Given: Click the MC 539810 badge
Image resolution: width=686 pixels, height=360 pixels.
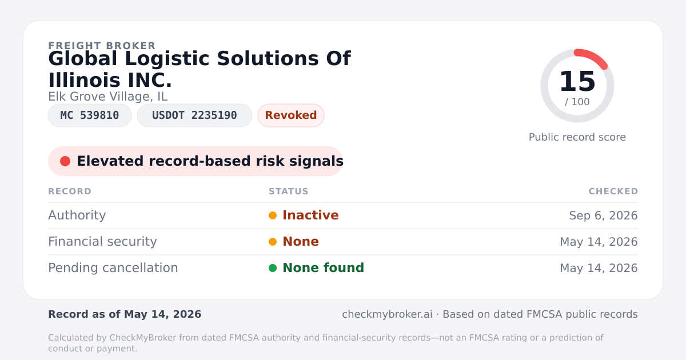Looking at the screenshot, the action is tap(90, 115).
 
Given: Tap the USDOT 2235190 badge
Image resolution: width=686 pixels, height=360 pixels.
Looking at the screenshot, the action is tap(194, 115).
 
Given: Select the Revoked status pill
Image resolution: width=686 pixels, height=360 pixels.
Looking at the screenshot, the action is tap(291, 115).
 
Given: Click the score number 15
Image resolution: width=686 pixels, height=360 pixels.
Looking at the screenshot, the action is tap(577, 81).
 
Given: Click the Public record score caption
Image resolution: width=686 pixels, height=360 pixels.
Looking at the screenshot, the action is tap(577, 137).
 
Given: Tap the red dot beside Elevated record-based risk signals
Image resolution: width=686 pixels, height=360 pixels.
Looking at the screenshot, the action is tap(65, 161).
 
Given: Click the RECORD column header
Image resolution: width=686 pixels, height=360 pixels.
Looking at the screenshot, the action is tap(70, 191).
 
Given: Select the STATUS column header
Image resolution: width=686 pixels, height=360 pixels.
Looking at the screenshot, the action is tap(289, 191).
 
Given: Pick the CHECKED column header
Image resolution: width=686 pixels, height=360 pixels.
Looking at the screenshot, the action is tap(613, 191).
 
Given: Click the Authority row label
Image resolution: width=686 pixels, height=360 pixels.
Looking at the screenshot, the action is tap(77, 215).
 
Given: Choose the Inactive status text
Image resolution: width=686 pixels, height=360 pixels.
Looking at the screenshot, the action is tap(310, 215).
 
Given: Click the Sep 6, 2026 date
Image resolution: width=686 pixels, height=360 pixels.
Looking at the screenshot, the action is tap(603, 215).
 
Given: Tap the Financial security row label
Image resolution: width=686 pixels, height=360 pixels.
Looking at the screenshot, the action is tap(102, 242).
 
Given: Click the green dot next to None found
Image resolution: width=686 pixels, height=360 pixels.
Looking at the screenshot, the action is tap(273, 268).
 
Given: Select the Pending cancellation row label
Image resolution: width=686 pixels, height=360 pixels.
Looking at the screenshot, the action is tap(113, 268).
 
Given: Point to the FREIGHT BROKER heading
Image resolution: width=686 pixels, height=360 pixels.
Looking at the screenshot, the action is tap(102, 46).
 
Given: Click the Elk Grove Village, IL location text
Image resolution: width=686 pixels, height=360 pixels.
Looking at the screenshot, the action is tap(108, 97).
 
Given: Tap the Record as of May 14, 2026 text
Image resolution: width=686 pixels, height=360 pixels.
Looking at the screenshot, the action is tap(125, 314).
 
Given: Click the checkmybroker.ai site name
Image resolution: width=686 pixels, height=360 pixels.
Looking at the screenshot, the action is tap(387, 314).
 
